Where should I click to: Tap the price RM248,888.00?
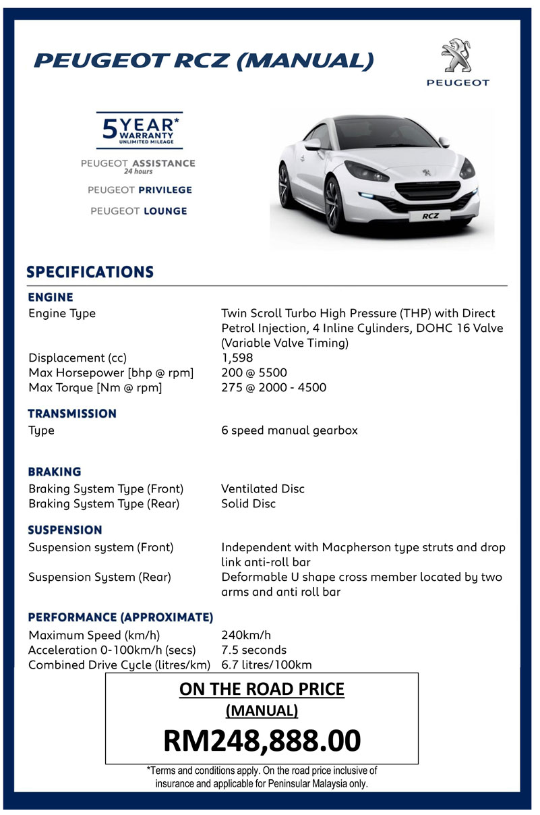pyautogui.click(x=262, y=740)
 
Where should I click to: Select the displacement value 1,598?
pyautogui.click(x=237, y=358)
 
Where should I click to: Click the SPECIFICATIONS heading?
pyautogui.click(x=90, y=273)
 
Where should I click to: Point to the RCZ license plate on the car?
pyautogui.click(x=430, y=217)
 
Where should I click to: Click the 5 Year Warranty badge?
pyautogui.click(x=140, y=129)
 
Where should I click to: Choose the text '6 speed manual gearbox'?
pyautogui.click(x=289, y=430)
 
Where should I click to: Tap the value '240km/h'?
pyautogui.click(x=246, y=635)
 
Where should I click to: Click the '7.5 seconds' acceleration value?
pyautogui.click(x=253, y=650)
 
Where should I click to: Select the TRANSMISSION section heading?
pyautogui.click(x=72, y=413)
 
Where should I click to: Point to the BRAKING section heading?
pyautogui.click(x=55, y=472)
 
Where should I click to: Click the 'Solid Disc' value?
pyautogui.click(x=248, y=503)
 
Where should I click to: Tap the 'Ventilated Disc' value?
pyautogui.click(x=263, y=488)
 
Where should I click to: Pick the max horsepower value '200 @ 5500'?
pyautogui.click(x=255, y=372)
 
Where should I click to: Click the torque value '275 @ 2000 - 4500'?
pyautogui.click(x=274, y=387)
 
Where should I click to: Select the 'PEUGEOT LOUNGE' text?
pyautogui.click(x=139, y=211)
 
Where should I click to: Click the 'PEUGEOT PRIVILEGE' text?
pyautogui.click(x=140, y=190)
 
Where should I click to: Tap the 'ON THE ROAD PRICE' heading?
pyautogui.click(x=262, y=690)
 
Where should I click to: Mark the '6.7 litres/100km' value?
pyautogui.click(x=266, y=665)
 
